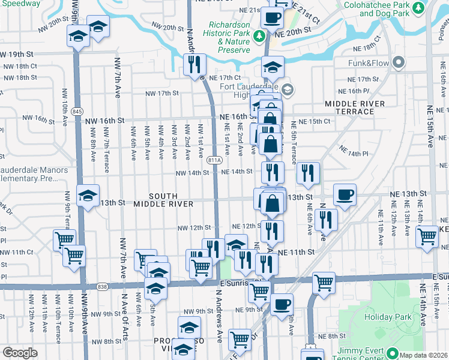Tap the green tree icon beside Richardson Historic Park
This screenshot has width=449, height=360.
[x=260, y=37]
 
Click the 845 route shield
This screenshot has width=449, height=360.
[x=77, y=112]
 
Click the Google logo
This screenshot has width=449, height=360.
[x=20, y=353]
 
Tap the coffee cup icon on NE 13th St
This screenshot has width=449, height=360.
[x=345, y=195]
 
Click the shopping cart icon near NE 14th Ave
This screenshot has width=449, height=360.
[x=427, y=236]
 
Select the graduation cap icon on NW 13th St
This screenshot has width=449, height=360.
[x=88, y=196]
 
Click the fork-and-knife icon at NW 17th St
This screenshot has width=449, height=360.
[x=194, y=65]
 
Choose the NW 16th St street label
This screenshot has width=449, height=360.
[x=104, y=120]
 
